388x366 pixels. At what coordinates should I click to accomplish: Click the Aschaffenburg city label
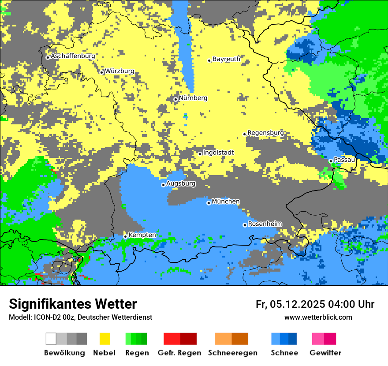[x=73, y=56]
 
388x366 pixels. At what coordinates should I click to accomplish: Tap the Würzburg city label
[x=119, y=71]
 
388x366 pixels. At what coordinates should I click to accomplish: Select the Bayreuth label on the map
[x=226, y=59]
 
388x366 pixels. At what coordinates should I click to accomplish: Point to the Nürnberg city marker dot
[x=175, y=99]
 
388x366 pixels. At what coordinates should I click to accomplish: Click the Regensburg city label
[x=265, y=133]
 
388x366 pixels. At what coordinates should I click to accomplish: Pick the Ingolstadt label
[x=218, y=153]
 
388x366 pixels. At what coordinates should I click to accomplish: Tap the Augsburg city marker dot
[x=163, y=185]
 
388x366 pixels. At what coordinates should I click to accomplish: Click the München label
[x=226, y=202]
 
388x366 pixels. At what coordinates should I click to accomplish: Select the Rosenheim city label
[x=265, y=224]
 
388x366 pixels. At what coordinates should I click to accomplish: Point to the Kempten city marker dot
[x=125, y=236]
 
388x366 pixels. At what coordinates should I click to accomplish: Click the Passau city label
[x=344, y=160]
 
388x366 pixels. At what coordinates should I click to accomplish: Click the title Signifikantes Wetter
[x=73, y=304]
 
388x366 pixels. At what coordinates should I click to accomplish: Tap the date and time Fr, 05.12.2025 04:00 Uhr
[x=315, y=304]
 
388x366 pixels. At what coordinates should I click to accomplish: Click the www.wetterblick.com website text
[x=318, y=317]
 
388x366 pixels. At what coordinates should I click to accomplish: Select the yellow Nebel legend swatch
[x=104, y=339]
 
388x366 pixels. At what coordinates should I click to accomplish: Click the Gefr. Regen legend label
[x=179, y=353]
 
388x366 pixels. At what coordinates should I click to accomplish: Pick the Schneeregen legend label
[x=233, y=353]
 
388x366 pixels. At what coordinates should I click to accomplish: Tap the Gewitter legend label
[x=325, y=353]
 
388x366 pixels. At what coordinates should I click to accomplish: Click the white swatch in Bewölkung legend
[x=51, y=339]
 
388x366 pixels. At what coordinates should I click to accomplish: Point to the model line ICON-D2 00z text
[x=80, y=317]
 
